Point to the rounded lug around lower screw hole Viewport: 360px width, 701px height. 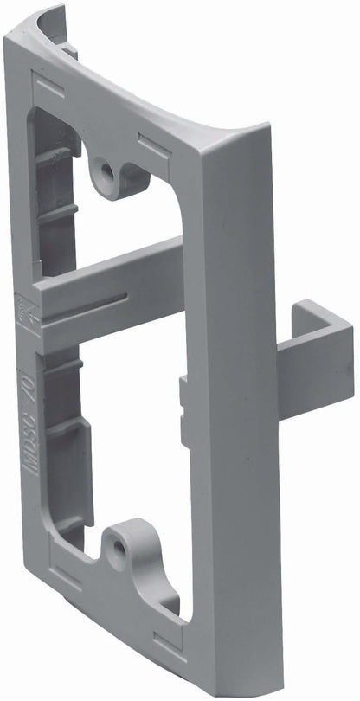(130, 541)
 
